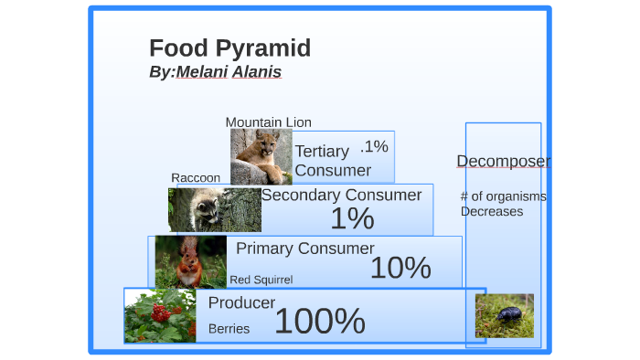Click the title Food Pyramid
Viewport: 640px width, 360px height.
point(229,48)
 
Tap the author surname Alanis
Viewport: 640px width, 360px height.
point(257,72)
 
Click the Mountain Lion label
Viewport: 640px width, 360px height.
point(268,122)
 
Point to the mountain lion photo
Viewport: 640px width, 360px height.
point(261,156)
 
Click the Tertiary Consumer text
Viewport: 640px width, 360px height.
point(333,161)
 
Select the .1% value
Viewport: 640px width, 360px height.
point(374,146)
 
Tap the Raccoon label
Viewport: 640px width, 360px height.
point(196,177)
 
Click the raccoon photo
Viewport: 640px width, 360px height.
point(214,209)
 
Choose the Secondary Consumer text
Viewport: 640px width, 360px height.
point(341,195)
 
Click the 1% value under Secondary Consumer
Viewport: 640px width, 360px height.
point(352,219)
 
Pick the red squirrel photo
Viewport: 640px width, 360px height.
point(190,261)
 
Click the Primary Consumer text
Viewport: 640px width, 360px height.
point(304,249)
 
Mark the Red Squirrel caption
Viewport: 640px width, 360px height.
point(261,280)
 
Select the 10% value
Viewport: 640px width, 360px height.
point(400,268)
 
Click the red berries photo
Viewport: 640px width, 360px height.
point(160,316)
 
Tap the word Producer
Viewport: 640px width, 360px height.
point(241,303)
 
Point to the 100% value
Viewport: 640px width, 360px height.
point(319,322)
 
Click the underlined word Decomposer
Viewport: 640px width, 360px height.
point(503,162)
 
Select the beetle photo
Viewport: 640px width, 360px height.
point(504,315)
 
